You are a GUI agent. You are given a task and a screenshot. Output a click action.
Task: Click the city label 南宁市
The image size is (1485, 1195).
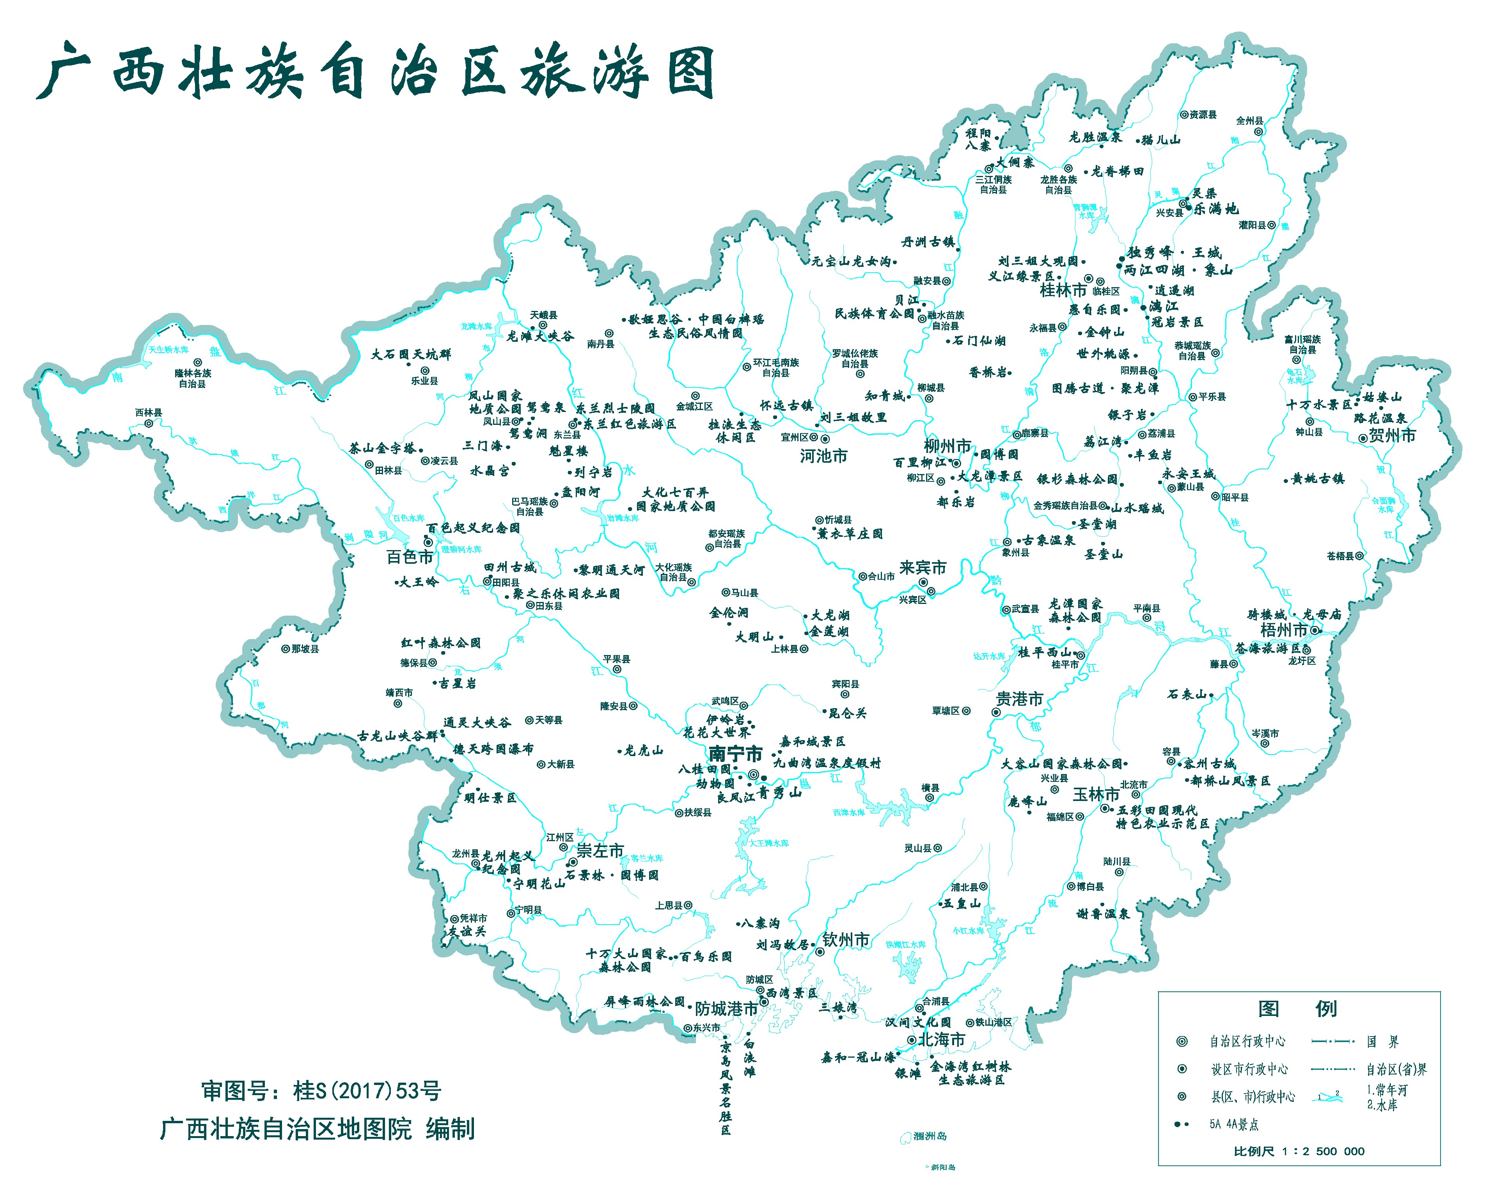[736, 753]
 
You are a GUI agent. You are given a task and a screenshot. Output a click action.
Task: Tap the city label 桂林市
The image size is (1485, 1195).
[1063, 290]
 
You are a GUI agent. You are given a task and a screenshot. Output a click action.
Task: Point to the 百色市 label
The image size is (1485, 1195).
[410, 556]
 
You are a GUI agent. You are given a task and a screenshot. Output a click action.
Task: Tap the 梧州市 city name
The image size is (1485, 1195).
[1284, 630]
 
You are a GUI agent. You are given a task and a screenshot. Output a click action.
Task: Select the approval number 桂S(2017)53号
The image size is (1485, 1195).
[321, 1091]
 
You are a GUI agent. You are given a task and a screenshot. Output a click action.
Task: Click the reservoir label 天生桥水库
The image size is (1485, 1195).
[168, 350]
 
